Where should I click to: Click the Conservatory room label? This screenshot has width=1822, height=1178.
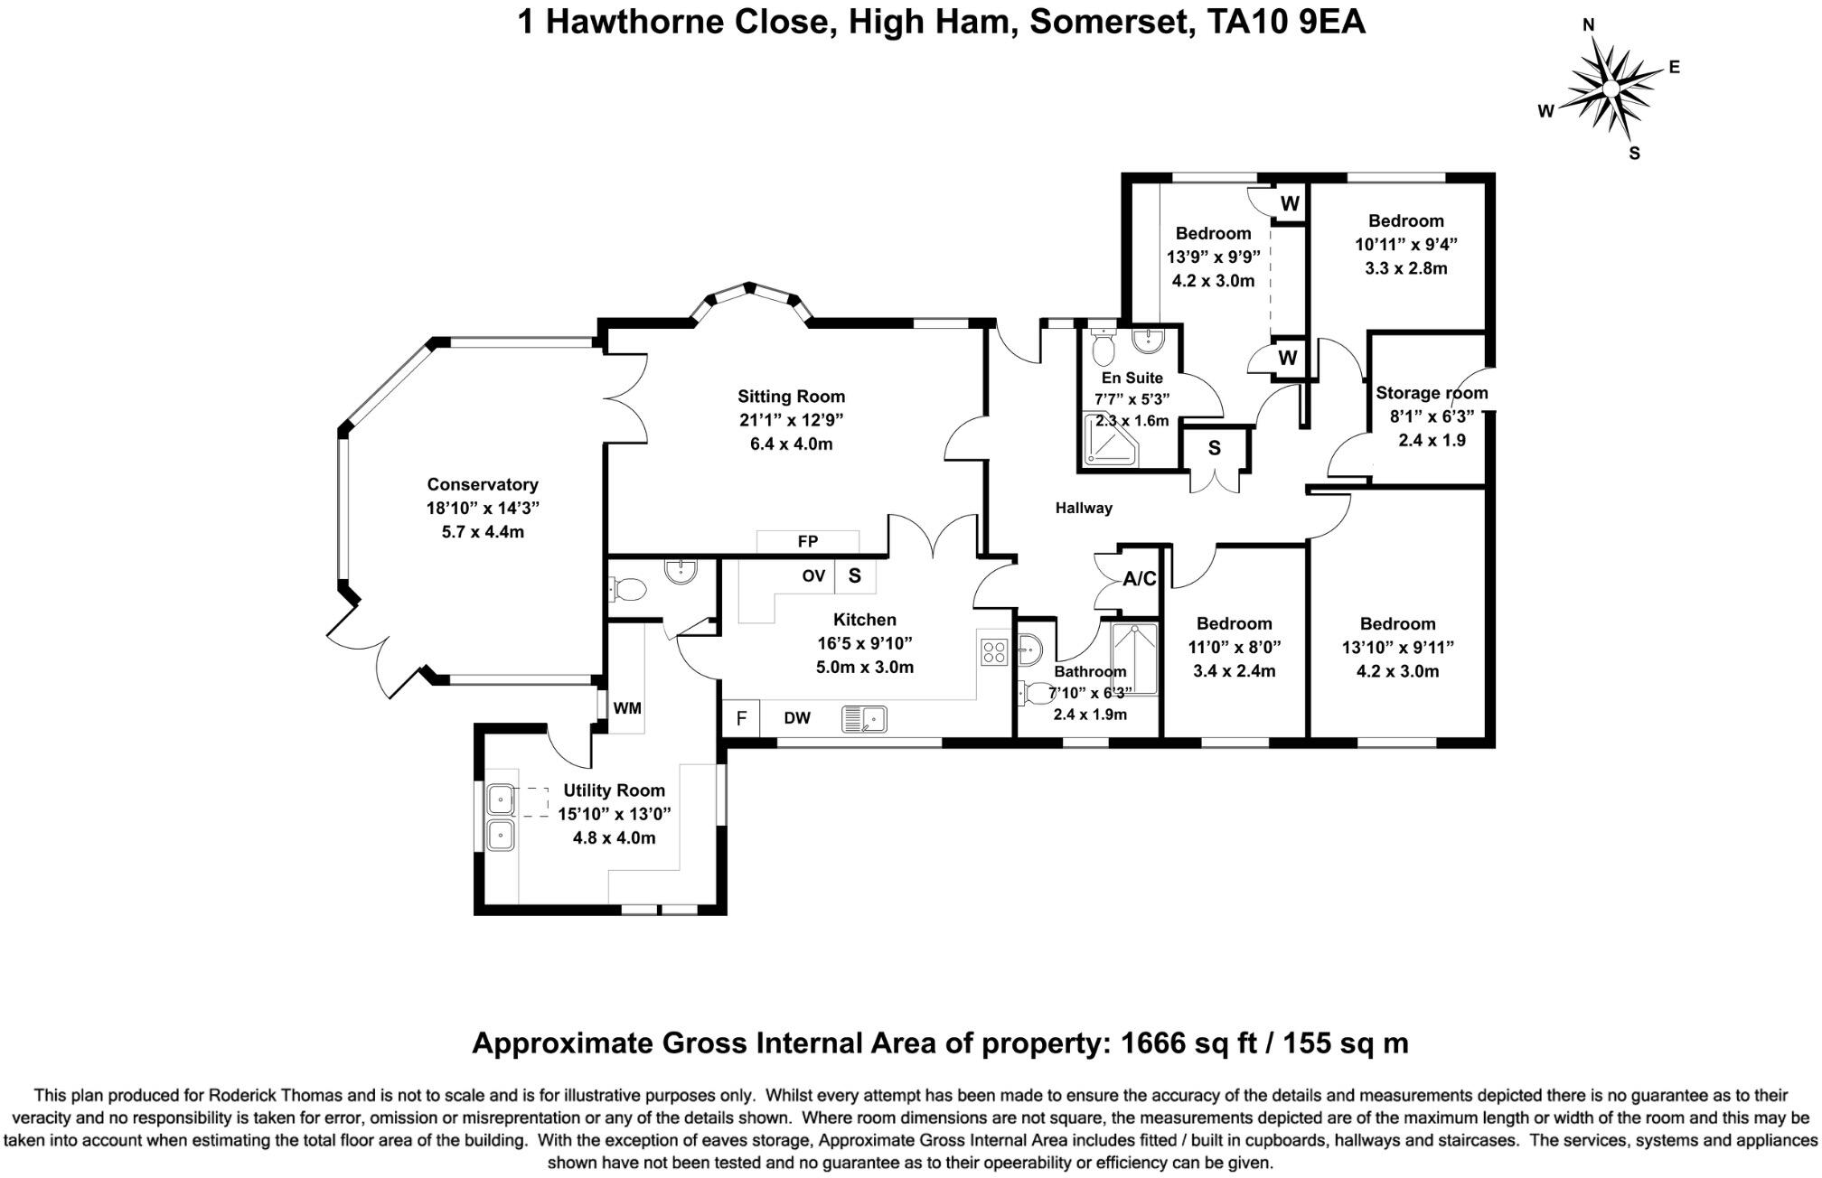[x=483, y=484]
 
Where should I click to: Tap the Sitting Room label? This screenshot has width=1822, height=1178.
[x=791, y=396]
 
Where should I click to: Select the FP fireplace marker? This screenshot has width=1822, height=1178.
[x=808, y=541]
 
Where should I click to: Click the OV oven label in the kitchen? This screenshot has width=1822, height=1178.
[x=813, y=575]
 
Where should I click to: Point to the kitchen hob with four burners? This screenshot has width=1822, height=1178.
[x=994, y=651]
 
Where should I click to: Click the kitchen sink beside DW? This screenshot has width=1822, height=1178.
[x=864, y=719]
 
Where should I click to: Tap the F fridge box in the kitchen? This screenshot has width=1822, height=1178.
[x=741, y=719]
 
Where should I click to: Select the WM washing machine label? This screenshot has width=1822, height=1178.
[x=627, y=708]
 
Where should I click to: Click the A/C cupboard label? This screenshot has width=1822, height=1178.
[x=1139, y=579]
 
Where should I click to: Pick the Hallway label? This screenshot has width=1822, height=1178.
[x=1084, y=508]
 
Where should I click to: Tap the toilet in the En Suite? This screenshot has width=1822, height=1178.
[x=1103, y=343]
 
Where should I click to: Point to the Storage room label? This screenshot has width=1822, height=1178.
[x=1432, y=393]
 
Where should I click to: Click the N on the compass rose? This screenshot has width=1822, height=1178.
[x=1588, y=25]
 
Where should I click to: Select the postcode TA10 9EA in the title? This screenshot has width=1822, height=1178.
[x=1286, y=22]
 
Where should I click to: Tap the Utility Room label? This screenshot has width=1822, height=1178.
[x=614, y=790]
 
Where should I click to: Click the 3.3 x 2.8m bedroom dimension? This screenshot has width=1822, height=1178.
[x=1405, y=268]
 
